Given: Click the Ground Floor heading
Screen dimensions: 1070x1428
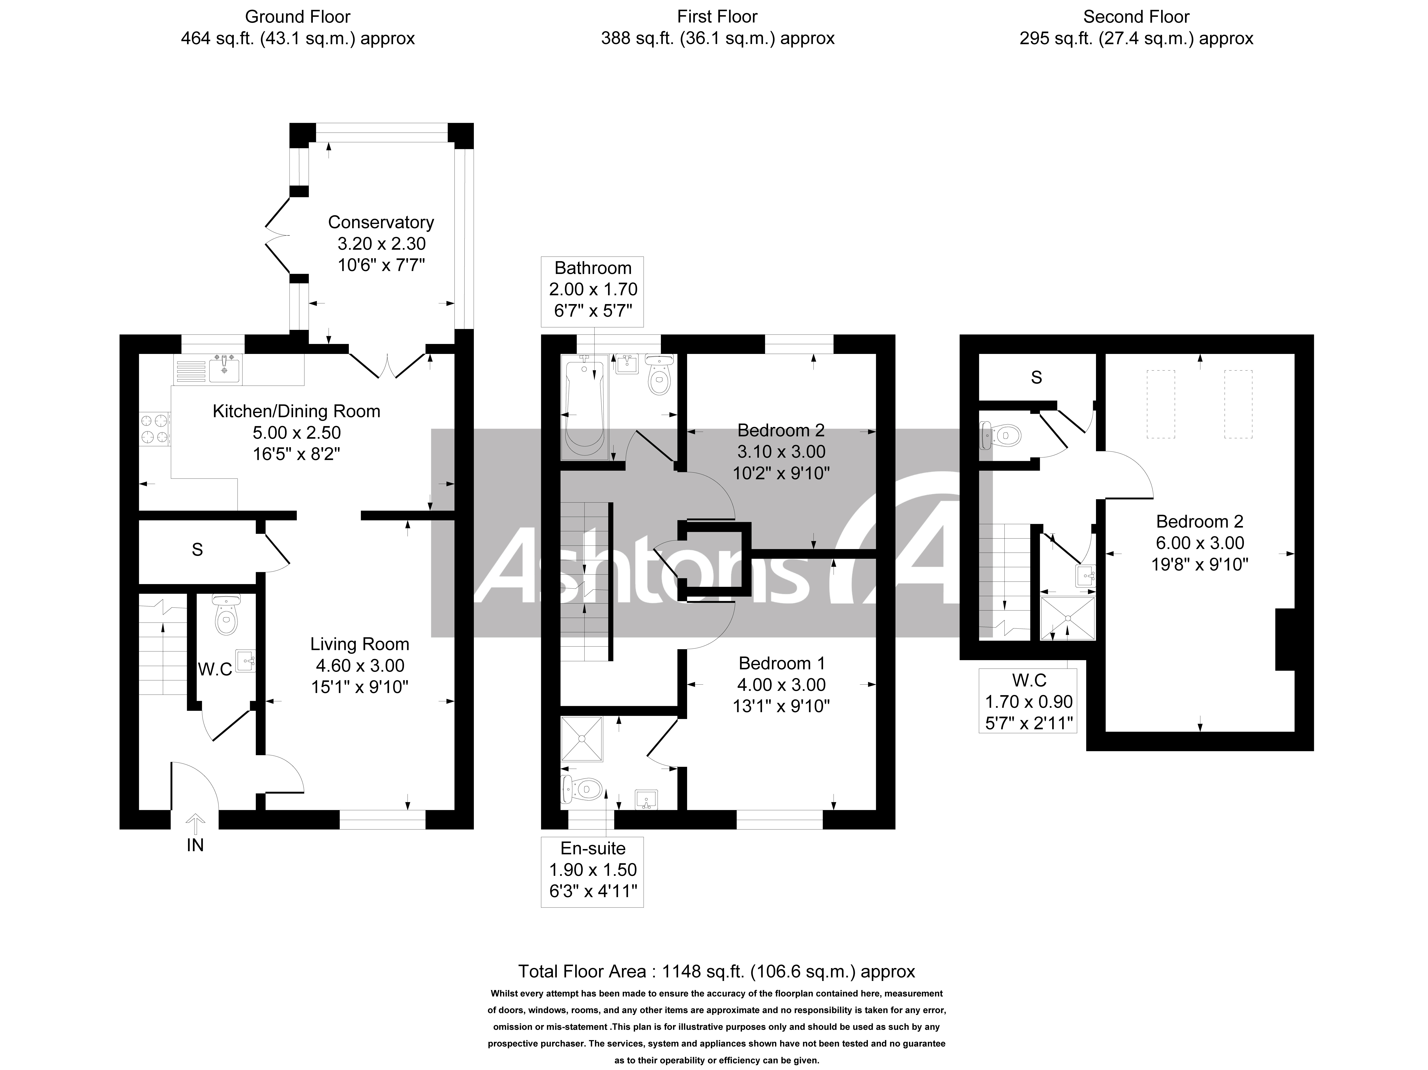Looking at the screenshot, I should click(298, 17).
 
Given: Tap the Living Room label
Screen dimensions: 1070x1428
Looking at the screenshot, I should click(360, 644).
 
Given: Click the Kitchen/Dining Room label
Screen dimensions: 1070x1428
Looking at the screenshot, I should click(296, 411).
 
